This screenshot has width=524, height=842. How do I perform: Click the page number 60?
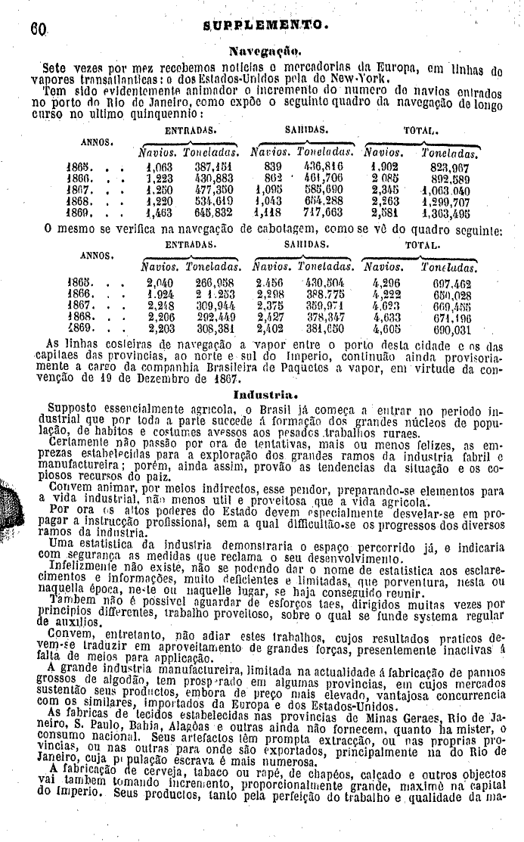point(38,30)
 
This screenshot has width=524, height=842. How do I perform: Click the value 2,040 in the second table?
point(161,281)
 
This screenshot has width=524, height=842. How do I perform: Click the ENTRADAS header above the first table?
point(186,130)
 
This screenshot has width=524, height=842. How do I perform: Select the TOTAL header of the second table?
point(423,245)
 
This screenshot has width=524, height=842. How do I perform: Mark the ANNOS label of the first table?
point(98,141)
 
